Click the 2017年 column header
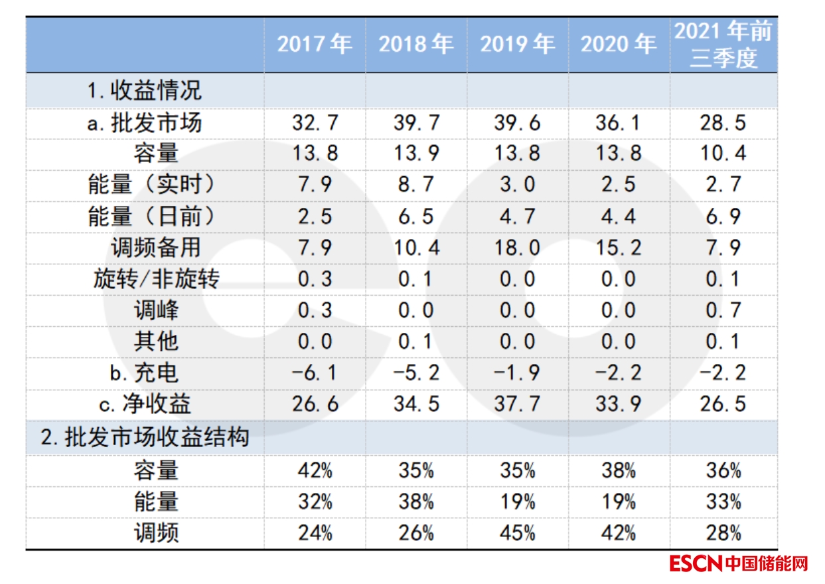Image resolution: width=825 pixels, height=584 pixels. point(314,44)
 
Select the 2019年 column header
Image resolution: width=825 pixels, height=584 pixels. point(517,44)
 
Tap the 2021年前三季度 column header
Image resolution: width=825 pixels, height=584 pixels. point(723,45)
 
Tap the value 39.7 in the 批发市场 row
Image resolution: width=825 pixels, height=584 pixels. point(415,123)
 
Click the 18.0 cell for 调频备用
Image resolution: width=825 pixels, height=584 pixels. point(517,248)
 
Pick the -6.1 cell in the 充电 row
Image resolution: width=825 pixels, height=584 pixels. point(314,373)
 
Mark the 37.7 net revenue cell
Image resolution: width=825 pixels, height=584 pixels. point(517,403)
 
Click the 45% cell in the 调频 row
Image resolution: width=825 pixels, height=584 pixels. point(517,532)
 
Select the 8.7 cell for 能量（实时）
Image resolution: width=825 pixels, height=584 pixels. point(415,185)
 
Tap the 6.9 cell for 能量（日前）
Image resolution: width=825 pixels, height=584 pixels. point(723,217)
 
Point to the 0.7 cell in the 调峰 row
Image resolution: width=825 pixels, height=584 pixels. point(723,310)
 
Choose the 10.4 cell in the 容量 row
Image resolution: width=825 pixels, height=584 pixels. point(723,153)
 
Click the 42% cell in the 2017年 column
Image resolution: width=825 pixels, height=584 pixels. point(314,471)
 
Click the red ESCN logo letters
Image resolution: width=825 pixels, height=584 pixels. point(695,564)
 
